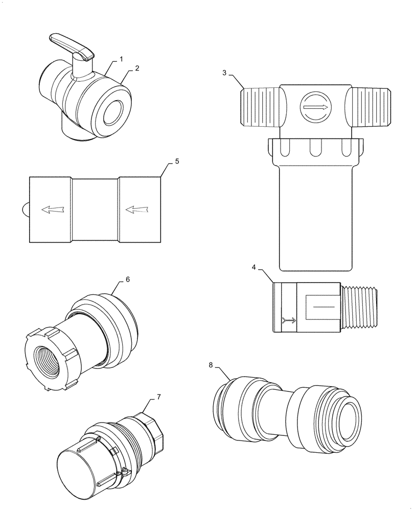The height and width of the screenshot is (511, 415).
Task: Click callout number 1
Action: coord(121,59)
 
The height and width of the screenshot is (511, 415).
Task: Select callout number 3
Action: coord(224,73)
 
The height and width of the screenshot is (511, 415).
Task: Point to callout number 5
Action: coord(176,161)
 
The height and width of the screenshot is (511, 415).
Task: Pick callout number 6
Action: coord(128,280)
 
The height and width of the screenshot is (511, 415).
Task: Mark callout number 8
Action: coord(211,365)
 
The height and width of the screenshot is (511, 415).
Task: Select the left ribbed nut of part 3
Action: coord(259,106)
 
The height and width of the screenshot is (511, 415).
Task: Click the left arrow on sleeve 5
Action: coord(52,209)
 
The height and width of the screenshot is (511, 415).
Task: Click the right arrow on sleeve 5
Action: coord(136,209)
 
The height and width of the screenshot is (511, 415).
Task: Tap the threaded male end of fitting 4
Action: coord(360,307)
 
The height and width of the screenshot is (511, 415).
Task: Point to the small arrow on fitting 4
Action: coord(289,320)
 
